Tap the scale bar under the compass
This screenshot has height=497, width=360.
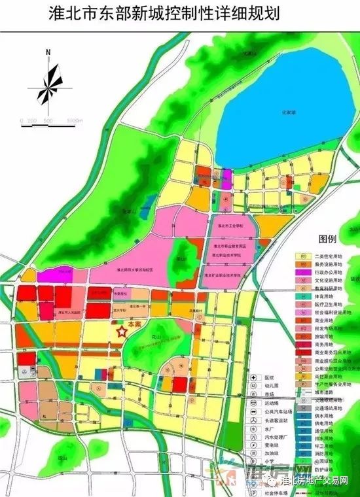pyautogui.click(x=50, y=122)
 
